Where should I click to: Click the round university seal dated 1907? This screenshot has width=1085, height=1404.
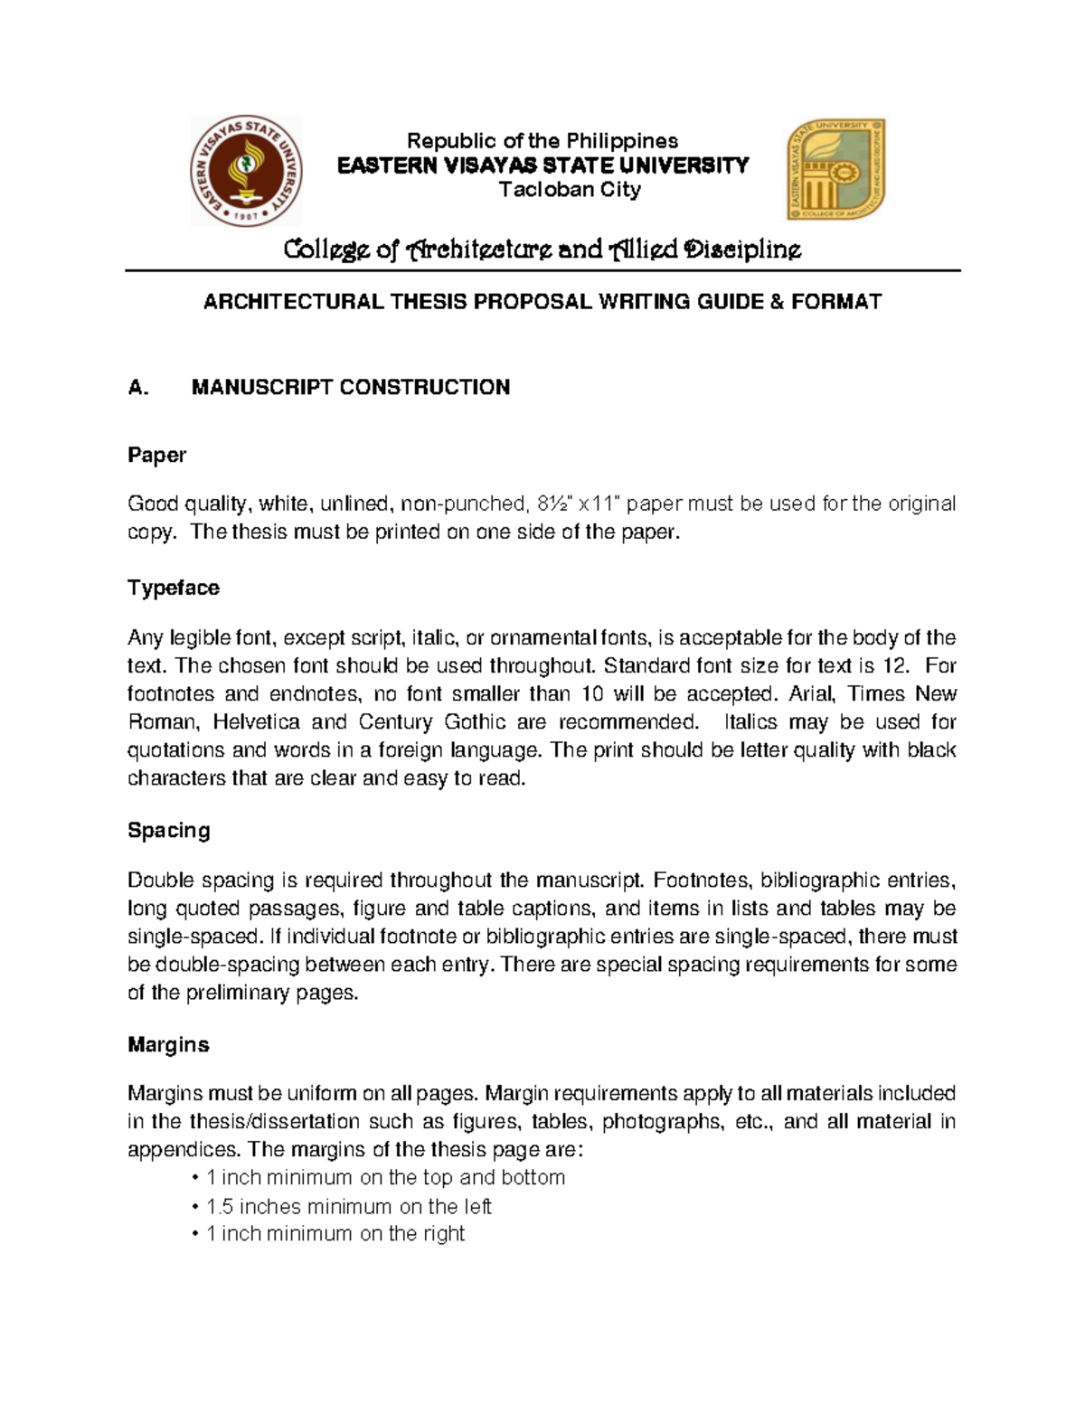pyautogui.click(x=246, y=171)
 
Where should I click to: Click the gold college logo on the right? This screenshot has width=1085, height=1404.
pyautogui.click(x=836, y=170)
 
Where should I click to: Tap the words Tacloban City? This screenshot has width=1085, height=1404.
pyautogui.click(x=570, y=190)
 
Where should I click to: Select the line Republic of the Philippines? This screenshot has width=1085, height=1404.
pyautogui.click(x=542, y=141)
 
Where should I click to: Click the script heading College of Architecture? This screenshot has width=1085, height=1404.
pyautogui.click(x=542, y=250)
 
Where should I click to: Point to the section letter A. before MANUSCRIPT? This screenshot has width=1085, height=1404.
pyautogui.click(x=137, y=388)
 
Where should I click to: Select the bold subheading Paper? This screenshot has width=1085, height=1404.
pyautogui.click(x=156, y=455)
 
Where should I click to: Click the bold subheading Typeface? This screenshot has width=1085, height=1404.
pyautogui.click(x=174, y=588)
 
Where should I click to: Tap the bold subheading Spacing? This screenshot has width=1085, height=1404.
pyautogui.click(x=168, y=830)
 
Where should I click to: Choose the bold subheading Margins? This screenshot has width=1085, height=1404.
pyautogui.click(x=168, y=1044)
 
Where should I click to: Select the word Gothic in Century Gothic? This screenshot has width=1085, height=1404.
pyautogui.click(x=475, y=722)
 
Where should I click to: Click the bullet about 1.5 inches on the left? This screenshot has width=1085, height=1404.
pyautogui.click(x=344, y=1207)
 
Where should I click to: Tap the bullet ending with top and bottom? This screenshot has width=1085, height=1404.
pyautogui.click(x=380, y=1178)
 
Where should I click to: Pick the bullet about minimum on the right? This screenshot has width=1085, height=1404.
pyautogui.click(x=330, y=1234)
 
